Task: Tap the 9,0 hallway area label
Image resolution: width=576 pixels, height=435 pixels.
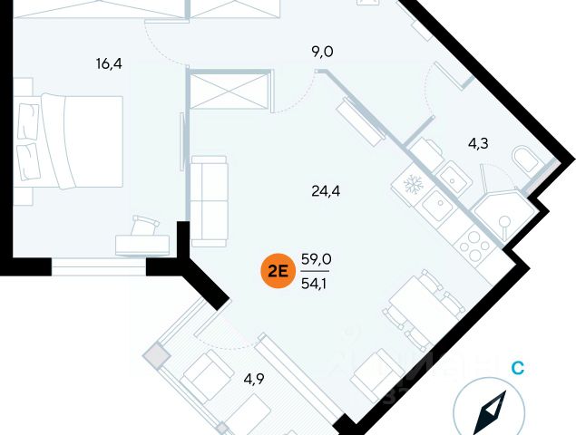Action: [322, 52]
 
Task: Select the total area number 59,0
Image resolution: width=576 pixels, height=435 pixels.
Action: [316, 259]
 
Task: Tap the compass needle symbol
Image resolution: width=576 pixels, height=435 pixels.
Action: [493, 412]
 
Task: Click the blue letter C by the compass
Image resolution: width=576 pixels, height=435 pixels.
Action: [517, 368]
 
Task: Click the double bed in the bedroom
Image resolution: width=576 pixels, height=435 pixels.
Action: [71, 140]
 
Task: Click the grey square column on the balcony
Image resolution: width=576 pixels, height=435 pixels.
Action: [159, 356]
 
